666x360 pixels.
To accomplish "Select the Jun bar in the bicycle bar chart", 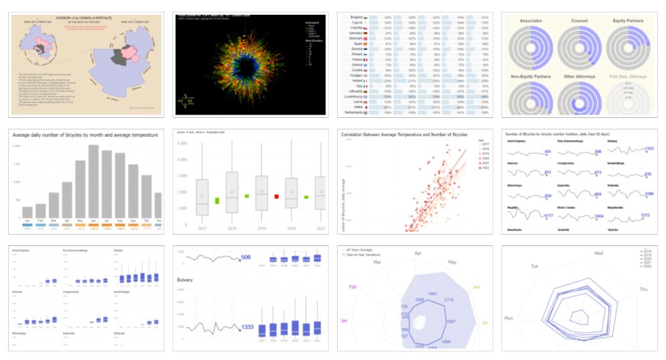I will pos(93,180).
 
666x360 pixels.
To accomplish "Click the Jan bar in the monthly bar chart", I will pos(27,211).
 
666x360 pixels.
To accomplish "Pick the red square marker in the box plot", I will pos(276,196).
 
